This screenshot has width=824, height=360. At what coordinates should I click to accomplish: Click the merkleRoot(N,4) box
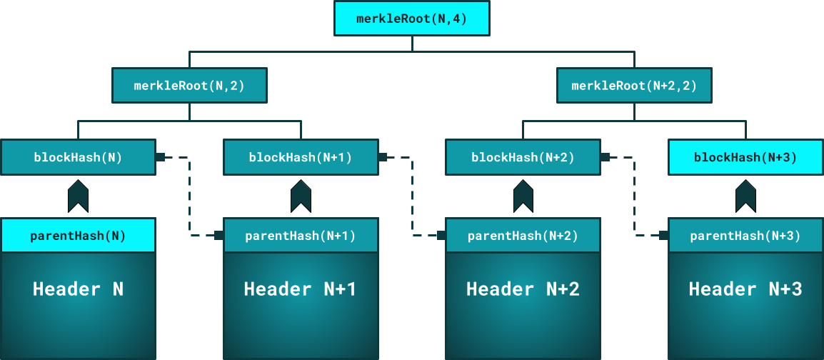(412, 19)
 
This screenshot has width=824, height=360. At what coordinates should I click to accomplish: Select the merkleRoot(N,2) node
(189, 86)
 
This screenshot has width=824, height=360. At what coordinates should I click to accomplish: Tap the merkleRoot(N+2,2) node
(634, 86)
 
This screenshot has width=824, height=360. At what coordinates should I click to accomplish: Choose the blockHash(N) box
(78, 157)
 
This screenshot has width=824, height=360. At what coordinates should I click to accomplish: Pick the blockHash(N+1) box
(301, 157)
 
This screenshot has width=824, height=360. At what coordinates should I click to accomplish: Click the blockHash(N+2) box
(523, 157)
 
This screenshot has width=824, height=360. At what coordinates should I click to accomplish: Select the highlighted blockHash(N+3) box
(745, 157)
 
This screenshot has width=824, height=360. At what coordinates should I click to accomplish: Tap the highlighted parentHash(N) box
(78, 236)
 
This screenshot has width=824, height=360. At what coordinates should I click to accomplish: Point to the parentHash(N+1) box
(301, 236)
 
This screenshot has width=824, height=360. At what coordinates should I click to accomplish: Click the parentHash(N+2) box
(523, 236)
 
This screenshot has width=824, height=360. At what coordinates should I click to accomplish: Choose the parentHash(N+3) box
(745, 236)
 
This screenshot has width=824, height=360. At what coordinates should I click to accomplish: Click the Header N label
(78, 289)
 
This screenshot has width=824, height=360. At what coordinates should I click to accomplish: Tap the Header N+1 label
(301, 289)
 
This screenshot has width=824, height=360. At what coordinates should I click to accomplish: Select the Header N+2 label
(523, 289)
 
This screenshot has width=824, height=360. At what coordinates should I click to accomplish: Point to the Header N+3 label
(745, 289)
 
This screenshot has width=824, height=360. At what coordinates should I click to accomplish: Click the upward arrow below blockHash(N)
(78, 196)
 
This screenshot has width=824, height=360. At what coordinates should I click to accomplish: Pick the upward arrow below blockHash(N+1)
(301, 196)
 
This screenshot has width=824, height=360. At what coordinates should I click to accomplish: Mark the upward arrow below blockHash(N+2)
(523, 196)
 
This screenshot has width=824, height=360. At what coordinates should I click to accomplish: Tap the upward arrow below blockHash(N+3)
(745, 196)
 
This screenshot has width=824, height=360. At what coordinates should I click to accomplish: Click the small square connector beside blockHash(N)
(161, 157)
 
